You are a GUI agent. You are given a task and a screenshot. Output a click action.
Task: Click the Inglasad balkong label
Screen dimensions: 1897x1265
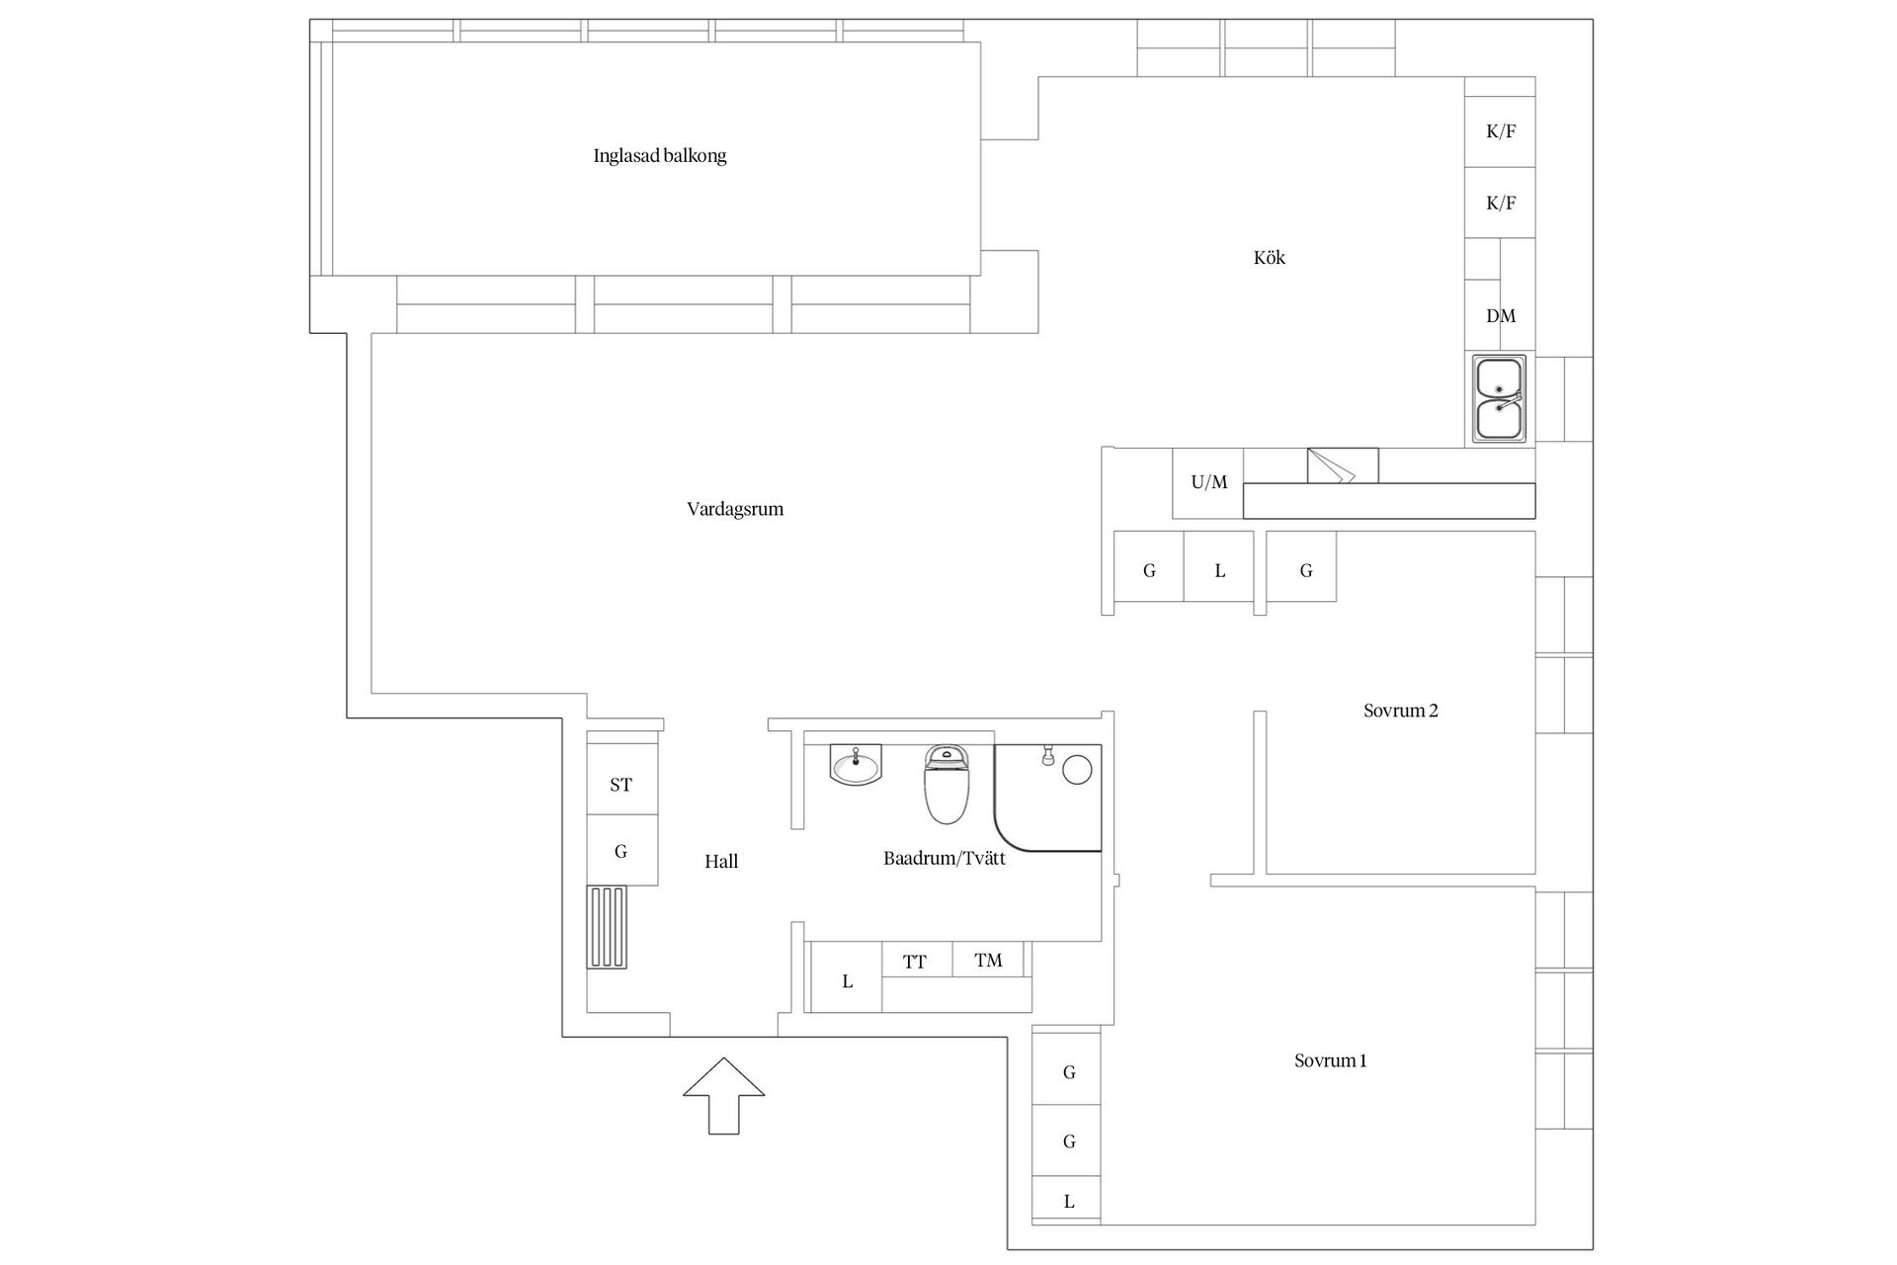pos(660,156)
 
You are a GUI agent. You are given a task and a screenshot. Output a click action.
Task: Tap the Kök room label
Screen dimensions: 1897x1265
pos(1270,258)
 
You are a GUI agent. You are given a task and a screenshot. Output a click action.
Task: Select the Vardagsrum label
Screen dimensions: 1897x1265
pos(735,510)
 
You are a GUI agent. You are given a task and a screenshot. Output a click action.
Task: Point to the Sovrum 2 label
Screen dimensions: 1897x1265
pos(1401,711)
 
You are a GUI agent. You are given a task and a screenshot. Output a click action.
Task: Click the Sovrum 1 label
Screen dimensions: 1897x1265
pos(1331,1061)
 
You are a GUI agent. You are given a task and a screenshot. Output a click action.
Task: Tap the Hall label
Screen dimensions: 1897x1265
pos(721,862)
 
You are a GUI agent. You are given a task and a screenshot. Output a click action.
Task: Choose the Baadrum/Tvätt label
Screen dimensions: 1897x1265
pos(945,859)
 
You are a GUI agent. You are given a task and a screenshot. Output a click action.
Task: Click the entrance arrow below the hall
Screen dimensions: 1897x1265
pos(724,1096)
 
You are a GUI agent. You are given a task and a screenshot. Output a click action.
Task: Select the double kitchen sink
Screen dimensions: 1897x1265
pos(1499,398)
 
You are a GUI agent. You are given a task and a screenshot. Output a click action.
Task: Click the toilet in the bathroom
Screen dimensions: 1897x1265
pos(947,785)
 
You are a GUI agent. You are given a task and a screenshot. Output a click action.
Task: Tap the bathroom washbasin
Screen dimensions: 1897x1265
pos(856,764)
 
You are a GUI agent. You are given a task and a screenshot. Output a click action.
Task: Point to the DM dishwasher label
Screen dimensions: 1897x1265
pos(1501,316)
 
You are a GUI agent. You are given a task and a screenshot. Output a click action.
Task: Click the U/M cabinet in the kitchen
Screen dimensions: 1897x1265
pos(1208,483)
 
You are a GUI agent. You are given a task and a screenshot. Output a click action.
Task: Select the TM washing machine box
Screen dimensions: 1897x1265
pos(988,960)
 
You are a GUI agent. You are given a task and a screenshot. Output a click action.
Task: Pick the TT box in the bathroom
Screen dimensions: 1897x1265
pos(916,960)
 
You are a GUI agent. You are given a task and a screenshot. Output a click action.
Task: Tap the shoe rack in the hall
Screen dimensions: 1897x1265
pos(608,927)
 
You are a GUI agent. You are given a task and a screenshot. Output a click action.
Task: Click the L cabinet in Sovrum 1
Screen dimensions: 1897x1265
pos(1067,1201)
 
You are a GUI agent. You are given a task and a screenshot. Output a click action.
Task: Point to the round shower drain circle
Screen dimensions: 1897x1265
pos(1077,770)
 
